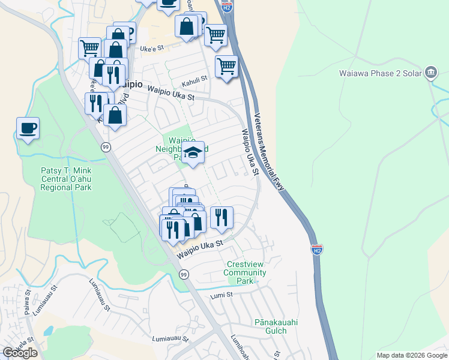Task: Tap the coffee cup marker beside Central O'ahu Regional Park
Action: tap(28, 128)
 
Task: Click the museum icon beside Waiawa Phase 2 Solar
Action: tap(430, 73)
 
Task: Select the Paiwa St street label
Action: tap(28, 298)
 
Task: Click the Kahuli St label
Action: tap(194, 78)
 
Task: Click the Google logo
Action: tap(20, 353)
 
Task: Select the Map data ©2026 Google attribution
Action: tap(411, 355)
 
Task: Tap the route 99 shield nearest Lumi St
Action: tap(184, 274)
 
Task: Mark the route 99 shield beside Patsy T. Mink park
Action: tap(106, 147)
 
